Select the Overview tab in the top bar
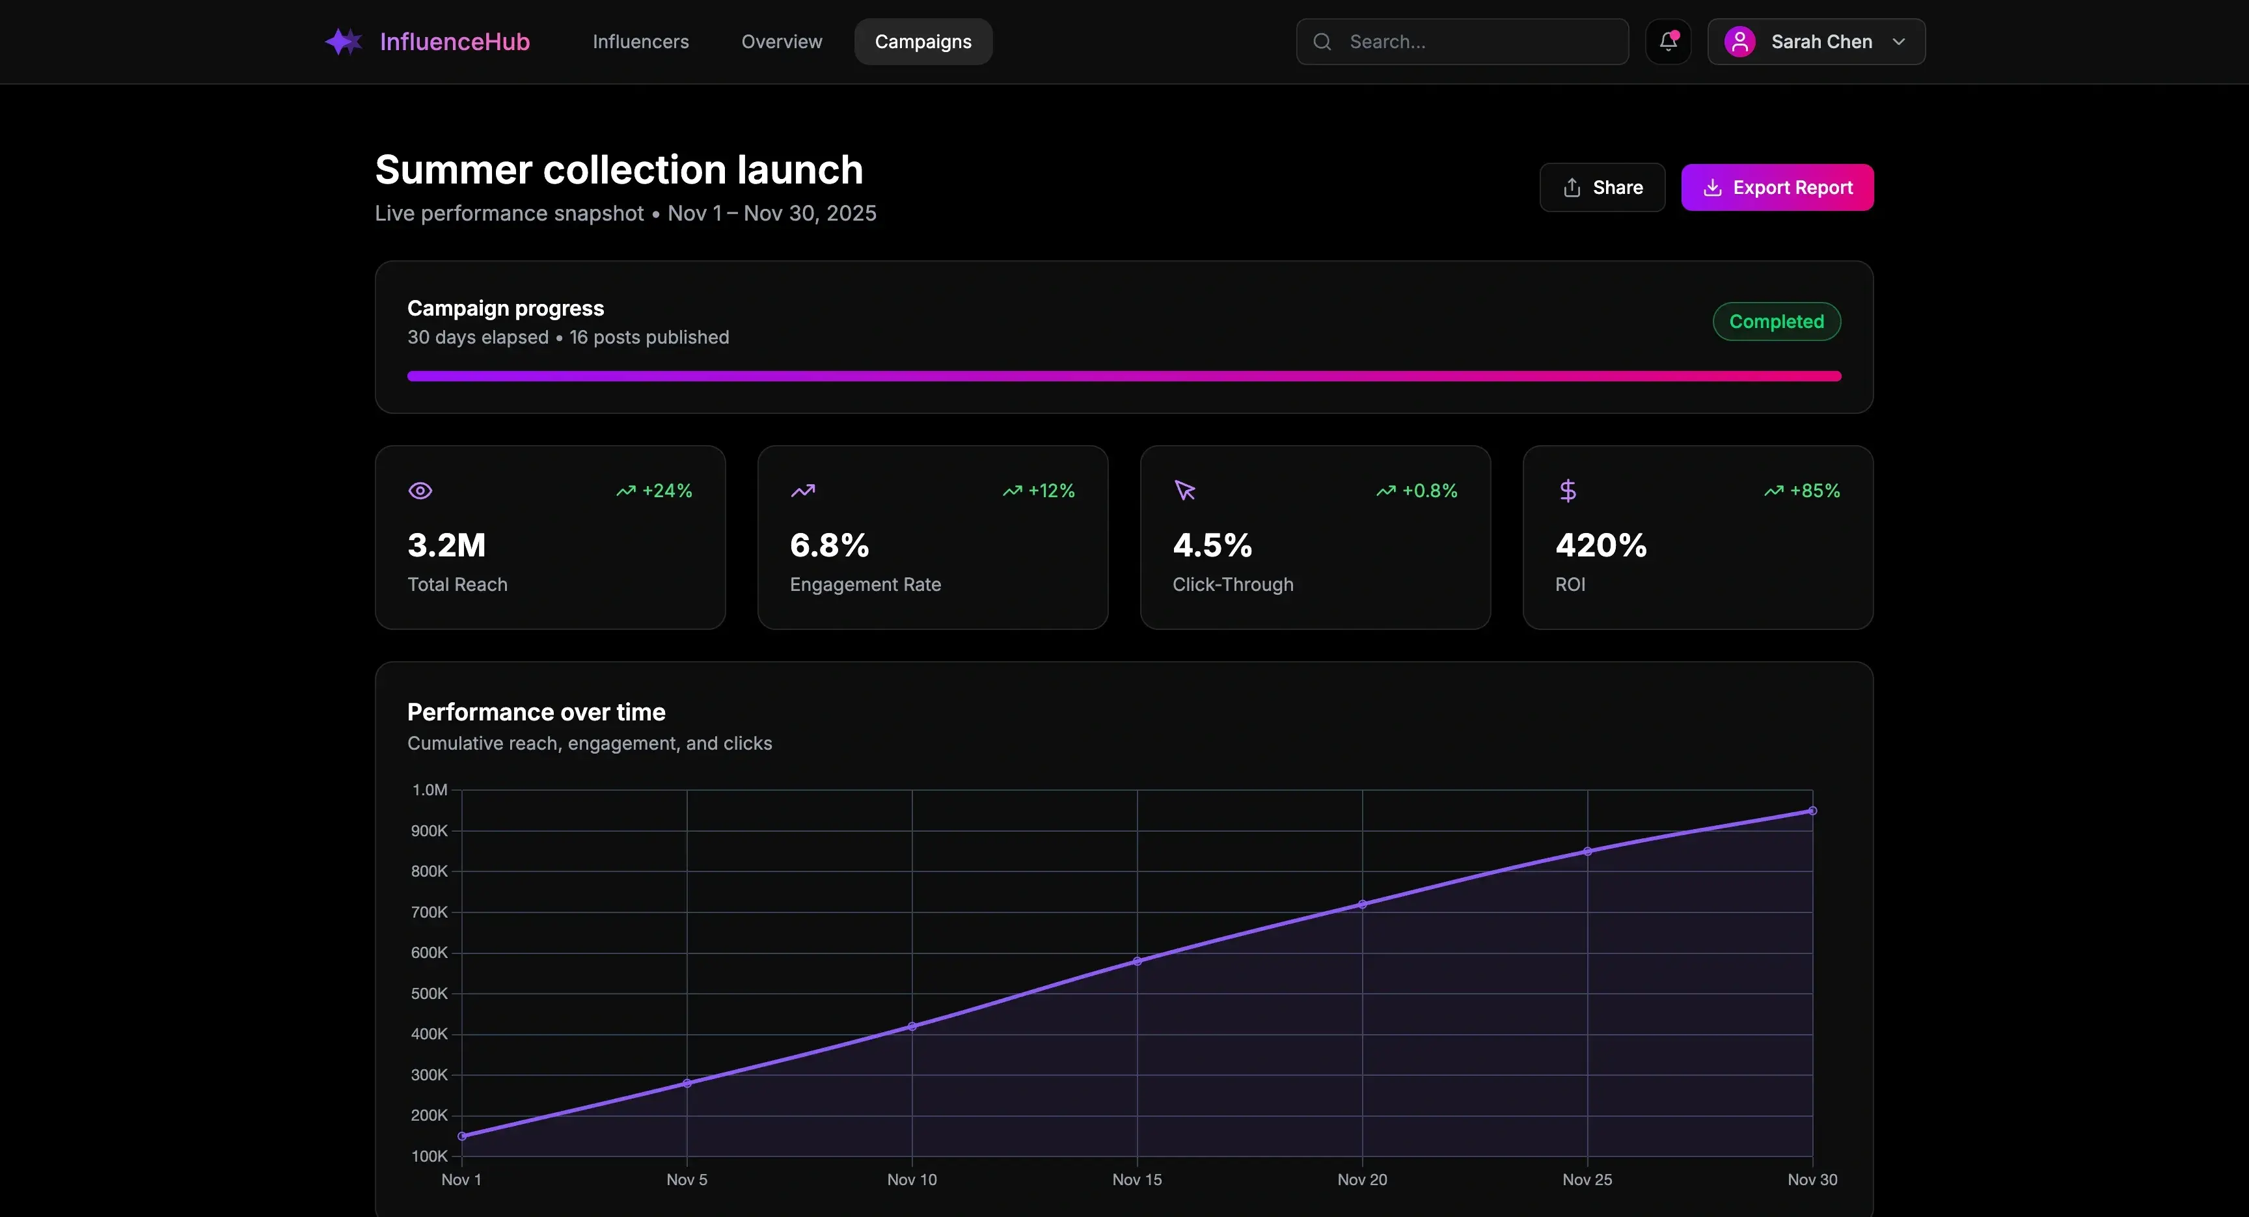click(782, 42)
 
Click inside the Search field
click(1475, 42)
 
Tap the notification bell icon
click(1667, 42)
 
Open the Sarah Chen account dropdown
click(1816, 42)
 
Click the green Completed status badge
click(1776, 321)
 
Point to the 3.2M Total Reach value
click(446, 545)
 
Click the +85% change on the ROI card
click(1814, 491)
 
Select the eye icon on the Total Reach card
click(420, 491)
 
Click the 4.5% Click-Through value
click(1212, 545)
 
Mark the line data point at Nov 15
click(1137, 961)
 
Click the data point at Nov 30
click(1812, 811)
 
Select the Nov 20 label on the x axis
click(1362, 1179)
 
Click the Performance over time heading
click(536, 713)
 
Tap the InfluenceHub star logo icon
click(343, 42)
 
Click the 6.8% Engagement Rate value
click(828, 545)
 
